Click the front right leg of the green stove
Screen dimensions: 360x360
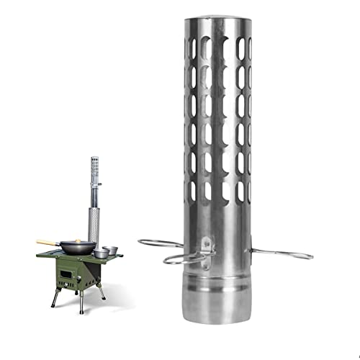81,302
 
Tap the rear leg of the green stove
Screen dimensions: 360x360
102,292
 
